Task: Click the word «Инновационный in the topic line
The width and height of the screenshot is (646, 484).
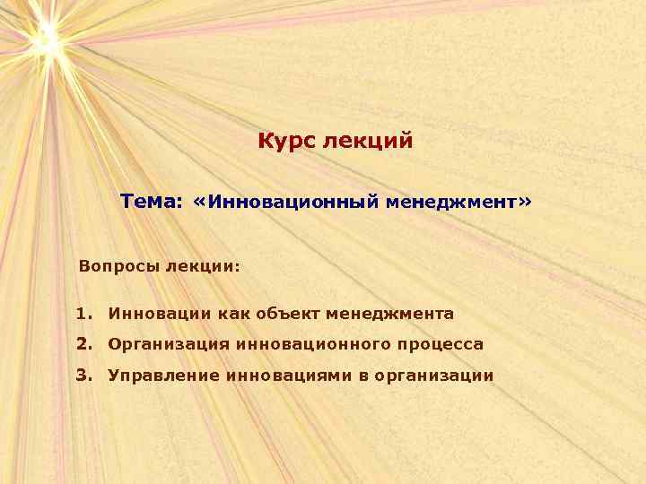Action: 285,203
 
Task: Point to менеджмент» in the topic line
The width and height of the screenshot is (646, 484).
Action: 459,203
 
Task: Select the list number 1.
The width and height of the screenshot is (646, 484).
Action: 83,314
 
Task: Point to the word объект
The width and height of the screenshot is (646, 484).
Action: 285,314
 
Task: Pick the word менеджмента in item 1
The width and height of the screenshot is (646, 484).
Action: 390,314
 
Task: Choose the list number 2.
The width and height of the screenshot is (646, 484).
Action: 83,344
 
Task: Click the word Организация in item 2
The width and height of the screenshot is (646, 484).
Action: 167,344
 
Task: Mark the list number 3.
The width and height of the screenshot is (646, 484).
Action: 83,375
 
